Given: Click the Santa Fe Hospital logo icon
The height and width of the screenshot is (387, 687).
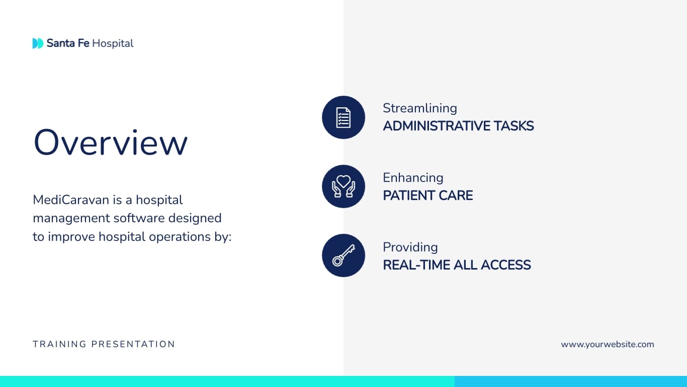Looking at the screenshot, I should (38, 43).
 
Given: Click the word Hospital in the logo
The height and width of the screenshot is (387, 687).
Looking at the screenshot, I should (113, 43).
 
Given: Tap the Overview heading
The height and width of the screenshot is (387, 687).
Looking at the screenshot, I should (110, 142).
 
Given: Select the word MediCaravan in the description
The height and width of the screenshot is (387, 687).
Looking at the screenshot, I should (71, 200).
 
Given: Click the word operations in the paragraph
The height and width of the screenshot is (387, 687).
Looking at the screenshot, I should (174, 237).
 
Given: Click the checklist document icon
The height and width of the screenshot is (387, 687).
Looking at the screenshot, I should (343, 117).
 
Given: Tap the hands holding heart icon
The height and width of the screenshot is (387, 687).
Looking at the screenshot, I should (343, 186).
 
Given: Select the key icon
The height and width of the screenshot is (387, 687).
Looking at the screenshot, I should (343, 255).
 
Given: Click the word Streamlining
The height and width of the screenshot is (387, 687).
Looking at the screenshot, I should (420, 108).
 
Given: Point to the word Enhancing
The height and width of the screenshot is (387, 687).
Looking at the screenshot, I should (413, 178).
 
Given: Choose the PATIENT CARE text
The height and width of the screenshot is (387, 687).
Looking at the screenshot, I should (428, 196).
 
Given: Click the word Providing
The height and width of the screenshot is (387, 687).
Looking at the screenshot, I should (410, 247).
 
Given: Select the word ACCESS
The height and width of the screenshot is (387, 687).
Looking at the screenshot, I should (506, 265).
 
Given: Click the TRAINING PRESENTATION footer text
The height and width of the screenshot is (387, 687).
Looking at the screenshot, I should (104, 344).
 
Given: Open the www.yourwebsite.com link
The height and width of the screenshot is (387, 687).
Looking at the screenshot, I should (608, 345).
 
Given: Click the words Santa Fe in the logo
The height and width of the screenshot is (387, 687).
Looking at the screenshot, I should (68, 43).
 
